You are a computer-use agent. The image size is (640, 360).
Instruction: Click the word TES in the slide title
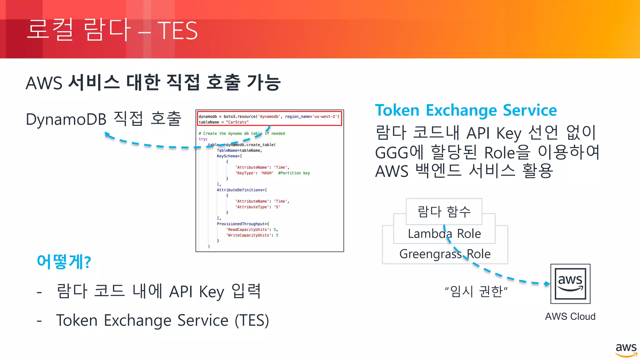tap(177, 31)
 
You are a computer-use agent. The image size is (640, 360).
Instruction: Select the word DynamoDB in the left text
tap(66, 119)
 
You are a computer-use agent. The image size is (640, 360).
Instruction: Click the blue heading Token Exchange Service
tap(466, 110)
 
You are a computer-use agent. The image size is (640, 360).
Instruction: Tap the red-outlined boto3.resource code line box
tap(269, 119)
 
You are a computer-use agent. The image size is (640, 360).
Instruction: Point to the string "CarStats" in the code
tap(237, 122)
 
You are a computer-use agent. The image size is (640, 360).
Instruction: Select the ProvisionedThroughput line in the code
tap(243, 224)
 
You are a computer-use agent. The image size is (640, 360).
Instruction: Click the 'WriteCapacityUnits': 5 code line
tap(252, 235)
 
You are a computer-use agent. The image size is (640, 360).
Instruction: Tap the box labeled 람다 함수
tap(444, 212)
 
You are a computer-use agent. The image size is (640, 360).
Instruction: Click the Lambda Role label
tap(444, 234)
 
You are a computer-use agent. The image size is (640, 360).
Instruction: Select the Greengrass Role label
tap(445, 254)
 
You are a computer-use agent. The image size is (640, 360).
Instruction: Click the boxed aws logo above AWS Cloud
tap(570, 284)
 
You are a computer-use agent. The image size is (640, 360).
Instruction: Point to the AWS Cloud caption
tap(570, 317)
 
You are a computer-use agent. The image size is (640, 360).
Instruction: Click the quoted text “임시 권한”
tap(476, 291)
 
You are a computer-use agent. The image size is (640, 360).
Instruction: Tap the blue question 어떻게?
tap(64, 262)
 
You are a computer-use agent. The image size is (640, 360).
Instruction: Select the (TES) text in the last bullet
tap(252, 321)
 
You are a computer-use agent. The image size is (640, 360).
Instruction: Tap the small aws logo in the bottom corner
tap(626, 350)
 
